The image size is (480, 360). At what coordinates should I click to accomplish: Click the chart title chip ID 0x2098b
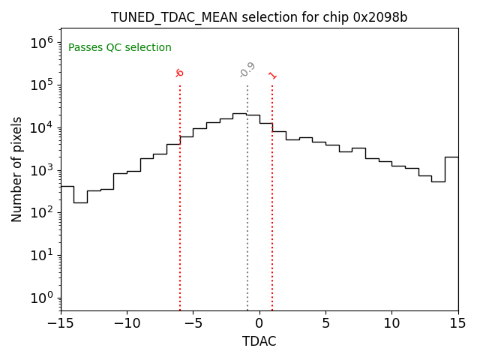(380, 17)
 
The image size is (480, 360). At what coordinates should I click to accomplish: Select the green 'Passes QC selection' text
(120, 48)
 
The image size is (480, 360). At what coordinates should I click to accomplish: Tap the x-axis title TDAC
(259, 341)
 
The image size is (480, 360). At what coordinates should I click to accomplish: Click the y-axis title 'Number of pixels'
(17, 169)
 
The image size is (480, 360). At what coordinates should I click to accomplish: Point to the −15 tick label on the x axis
(61, 323)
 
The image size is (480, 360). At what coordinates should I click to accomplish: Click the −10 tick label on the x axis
(127, 323)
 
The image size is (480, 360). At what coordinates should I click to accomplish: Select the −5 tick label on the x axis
(193, 323)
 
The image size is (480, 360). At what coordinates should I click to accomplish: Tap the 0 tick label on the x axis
(259, 323)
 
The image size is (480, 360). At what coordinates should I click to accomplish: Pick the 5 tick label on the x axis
(325, 323)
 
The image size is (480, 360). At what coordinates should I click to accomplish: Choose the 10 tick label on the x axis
(391, 323)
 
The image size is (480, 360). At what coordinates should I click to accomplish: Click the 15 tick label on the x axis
(457, 323)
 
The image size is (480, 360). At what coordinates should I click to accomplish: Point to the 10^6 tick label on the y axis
(42, 42)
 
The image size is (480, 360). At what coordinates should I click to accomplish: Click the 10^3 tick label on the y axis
(42, 169)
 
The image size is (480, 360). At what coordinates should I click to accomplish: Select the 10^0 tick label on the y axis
(42, 298)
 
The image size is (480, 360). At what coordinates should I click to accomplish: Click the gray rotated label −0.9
(247, 70)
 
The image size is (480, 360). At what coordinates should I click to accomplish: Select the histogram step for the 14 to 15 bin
(451, 157)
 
